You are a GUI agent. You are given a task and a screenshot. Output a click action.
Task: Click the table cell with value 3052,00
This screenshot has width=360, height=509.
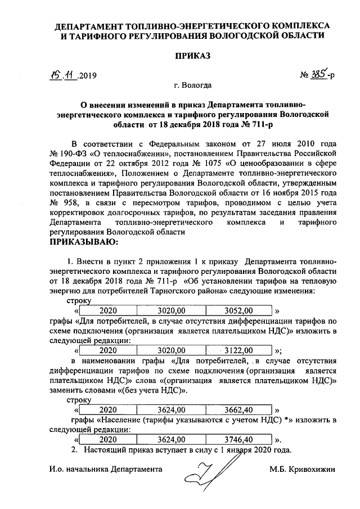(238, 310)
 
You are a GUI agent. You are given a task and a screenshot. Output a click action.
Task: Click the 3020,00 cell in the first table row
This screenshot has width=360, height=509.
(171, 310)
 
